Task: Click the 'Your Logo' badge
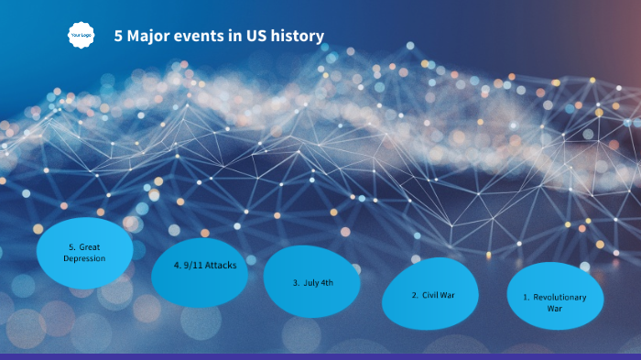pos(81,36)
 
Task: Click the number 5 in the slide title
pos(118,37)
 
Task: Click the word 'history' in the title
pos(297,37)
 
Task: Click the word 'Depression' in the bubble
pos(84,258)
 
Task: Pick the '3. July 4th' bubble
pos(311,282)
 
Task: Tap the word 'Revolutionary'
pos(560,297)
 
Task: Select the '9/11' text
pos(192,264)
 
